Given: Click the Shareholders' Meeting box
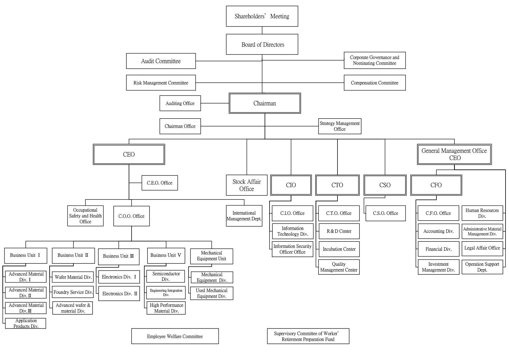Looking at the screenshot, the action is coord(262,16).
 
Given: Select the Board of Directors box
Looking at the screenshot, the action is coord(262,44).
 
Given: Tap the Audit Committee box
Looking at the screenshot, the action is coord(161,61).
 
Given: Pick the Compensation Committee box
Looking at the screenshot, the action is coord(375,83).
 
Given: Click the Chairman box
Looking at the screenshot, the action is coord(265,103).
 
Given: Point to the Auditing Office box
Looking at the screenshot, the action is coord(180,103).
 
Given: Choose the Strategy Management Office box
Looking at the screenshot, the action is coord(340,126).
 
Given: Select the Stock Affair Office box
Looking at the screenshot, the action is coord(247,185).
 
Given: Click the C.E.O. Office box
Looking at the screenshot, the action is coord(160,183).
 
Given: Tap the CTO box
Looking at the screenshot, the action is coord(337,185).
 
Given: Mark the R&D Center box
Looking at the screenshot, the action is coord(339,231).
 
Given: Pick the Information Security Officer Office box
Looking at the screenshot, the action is coord(292,249).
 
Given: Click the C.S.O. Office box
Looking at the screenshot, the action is coord(386,213).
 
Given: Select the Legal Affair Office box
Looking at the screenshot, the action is coord(482,248).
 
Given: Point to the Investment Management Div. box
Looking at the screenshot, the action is coord(438,267).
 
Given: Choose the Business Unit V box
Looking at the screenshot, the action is coord(166,255).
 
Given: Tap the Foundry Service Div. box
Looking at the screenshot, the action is coord(73,292).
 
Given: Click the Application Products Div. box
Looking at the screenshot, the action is coord(26,323).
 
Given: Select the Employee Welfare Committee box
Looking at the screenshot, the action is coord(175,336).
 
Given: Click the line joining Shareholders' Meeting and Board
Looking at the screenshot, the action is coord(262,30).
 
